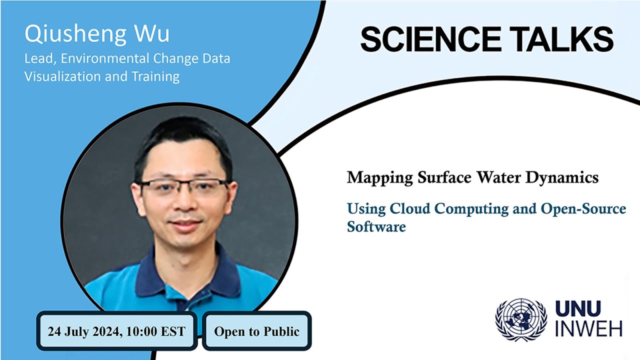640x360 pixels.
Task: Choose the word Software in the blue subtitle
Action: (x=376, y=226)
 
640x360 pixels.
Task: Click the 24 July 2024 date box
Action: (x=116, y=331)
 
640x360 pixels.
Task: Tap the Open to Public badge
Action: (x=256, y=331)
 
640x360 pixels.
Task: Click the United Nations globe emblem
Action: (x=521, y=320)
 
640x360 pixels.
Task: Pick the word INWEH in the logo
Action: (x=588, y=329)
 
